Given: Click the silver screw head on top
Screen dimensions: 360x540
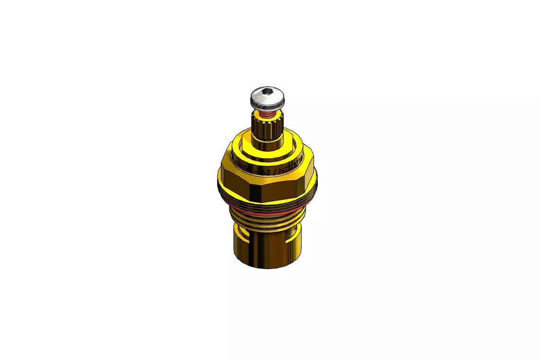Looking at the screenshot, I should click(x=267, y=98).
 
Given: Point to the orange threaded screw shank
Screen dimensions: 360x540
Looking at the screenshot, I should click(x=268, y=114).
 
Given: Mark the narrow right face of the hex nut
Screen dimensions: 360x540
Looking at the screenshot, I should click(x=308, y=182).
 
